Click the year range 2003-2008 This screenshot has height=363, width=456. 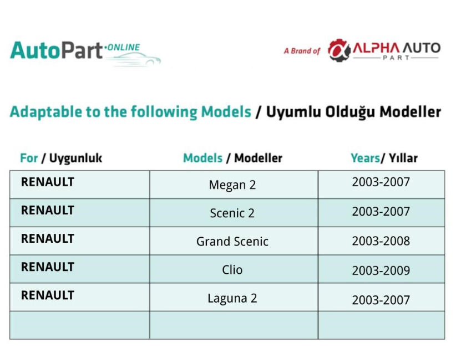(x=381, y=241)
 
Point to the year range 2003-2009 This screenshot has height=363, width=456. (x=381, y=270)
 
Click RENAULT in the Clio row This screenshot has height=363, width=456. (x=48, y=267)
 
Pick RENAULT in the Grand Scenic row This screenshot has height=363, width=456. (x=48, y=239)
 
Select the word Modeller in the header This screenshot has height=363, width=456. (x=259, y=158)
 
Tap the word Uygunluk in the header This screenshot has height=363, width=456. (x=75, y=158)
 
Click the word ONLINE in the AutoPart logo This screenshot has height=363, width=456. (x=124, y=47)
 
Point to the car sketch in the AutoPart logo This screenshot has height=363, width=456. (x=134, y=59)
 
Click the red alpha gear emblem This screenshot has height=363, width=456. (x=339, y=50)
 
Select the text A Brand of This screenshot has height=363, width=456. (x=302, y=51)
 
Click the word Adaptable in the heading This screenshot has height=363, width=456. (x=46, y=112)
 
